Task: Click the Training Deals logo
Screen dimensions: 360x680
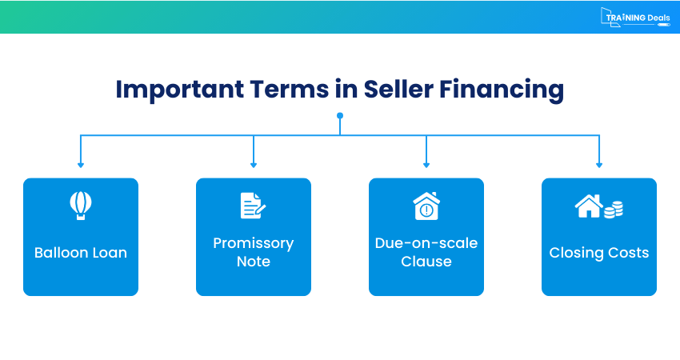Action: [635, 18]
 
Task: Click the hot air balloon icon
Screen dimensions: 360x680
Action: [81, 206]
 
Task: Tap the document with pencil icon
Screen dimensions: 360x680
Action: [253, 206]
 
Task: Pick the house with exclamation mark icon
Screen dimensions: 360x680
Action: [426, 206]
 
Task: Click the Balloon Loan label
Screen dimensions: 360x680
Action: [81, 253]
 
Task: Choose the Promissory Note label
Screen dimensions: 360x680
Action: [254, 252]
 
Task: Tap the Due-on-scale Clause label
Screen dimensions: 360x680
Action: [426, 252]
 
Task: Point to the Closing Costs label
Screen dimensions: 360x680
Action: [599, 253]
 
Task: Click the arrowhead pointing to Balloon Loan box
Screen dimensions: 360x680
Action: [81, 165]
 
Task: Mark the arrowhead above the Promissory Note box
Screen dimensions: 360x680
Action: [254, 165]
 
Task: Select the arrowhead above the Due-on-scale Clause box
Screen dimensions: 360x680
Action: [426, 165]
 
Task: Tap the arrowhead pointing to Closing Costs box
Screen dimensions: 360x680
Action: [599, 165]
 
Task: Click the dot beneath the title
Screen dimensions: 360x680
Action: [340, 116]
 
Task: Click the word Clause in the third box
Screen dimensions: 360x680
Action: [426, 262]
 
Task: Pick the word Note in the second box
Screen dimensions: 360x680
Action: [254, 262]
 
